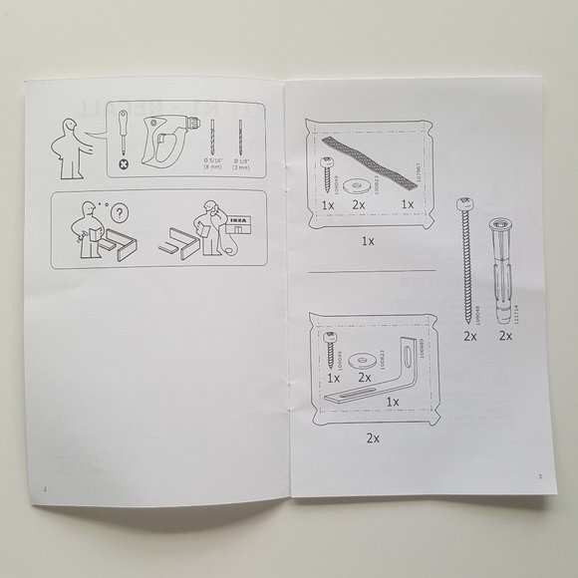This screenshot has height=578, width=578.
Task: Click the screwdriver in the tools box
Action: click(x=124, y=137)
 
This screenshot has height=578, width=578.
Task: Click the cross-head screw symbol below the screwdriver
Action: click(x=124, y=163)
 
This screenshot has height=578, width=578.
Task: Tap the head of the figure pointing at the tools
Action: click(x=68, y=126)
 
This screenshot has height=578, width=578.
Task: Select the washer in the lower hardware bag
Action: click(x=365, y=358)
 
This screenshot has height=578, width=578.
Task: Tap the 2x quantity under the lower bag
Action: click(x=373, y=437)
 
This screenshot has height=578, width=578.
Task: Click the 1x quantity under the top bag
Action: click(x=369, y=240)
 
